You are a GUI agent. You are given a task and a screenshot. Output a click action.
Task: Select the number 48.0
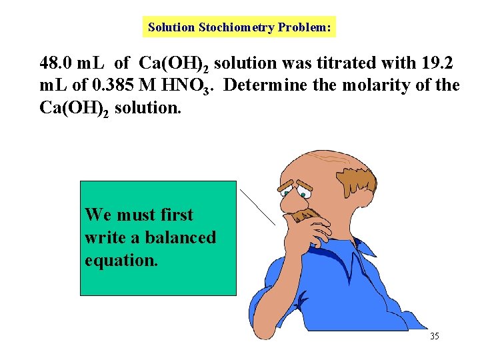tap(56, 64)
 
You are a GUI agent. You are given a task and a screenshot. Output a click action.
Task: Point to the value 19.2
tap(438, 64)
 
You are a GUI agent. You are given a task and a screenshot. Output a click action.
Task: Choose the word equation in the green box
tap(121, 260)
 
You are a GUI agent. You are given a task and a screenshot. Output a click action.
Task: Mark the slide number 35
tap(434, 336)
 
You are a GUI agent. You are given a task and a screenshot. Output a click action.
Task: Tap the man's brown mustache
tap(303, 215)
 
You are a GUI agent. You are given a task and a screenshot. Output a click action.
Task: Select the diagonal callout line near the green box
tap(257, 207)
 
